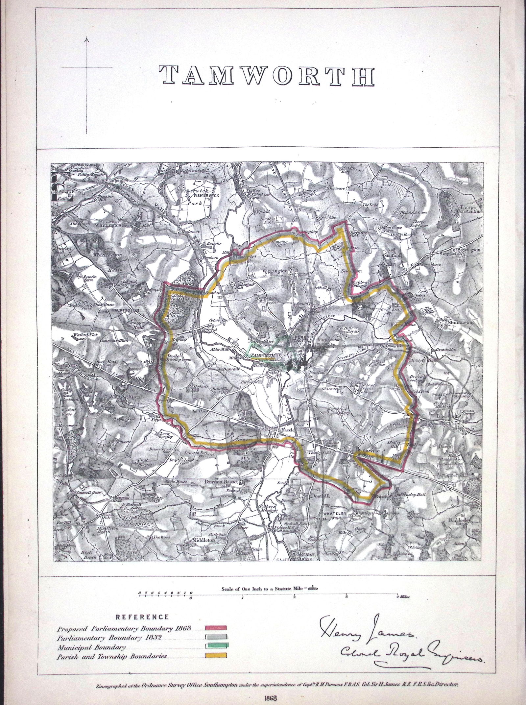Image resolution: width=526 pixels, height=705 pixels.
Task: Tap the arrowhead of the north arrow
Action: click(87, 40)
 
